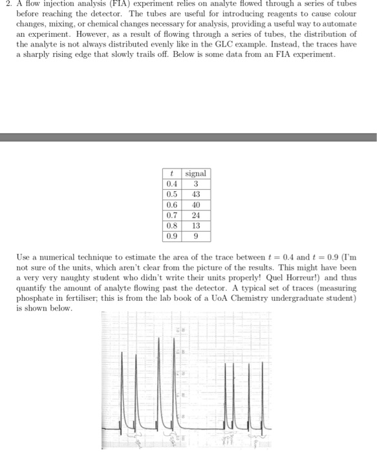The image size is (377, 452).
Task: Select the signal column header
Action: click(x=195, y=173)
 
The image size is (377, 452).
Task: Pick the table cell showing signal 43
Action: click(x=195, y=194)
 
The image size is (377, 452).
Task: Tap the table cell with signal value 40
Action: click(x=195, y=204)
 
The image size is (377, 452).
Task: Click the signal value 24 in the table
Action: click(x=195, y=214)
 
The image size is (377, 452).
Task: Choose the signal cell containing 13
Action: click(x=195, y=225)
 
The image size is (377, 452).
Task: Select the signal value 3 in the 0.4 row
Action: click(x=195, y=183)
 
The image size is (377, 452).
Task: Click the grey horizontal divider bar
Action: click(x=188, y=137)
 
